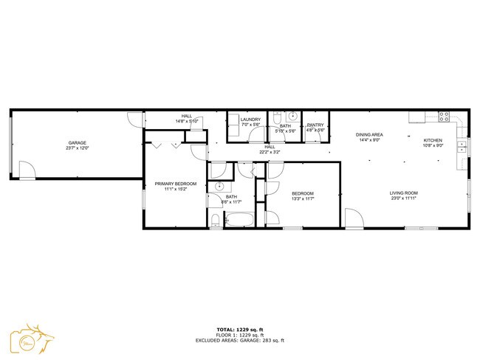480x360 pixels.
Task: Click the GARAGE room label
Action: pyautogui.click(x=78, y=142)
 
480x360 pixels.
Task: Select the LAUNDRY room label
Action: pyautogui.click(x=250, y=120)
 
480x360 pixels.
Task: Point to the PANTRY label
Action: pyautogui.click(x=315, y=125)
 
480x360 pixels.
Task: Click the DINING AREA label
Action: pyautogui.click(x=368, y=134)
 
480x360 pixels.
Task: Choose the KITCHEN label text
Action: pyautogui.click(x=433, y=139)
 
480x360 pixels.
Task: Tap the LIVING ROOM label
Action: pyautogui.click(x=403, y=193)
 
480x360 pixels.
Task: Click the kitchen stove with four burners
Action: pyautogui.click(x=445, y=116)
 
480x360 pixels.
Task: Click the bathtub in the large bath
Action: pyautogui.click(x=238, y=220)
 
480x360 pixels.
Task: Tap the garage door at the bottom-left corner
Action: pyautogui.click(x=27, y=171)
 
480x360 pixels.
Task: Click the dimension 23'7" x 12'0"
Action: pyautogui.click(x=78, y=148)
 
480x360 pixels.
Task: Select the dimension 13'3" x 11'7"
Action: pyautogui.click(x=303, y=198)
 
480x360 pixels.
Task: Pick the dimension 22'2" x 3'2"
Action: pyautogui.click(x=270, y=152)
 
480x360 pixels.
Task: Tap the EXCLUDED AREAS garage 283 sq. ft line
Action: pyautogui.click(x=240, y=340)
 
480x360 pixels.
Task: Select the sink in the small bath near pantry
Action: pyautogui.click(x=292, y=117)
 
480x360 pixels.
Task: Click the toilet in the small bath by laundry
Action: pyautogui.click(x=275, y=117)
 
